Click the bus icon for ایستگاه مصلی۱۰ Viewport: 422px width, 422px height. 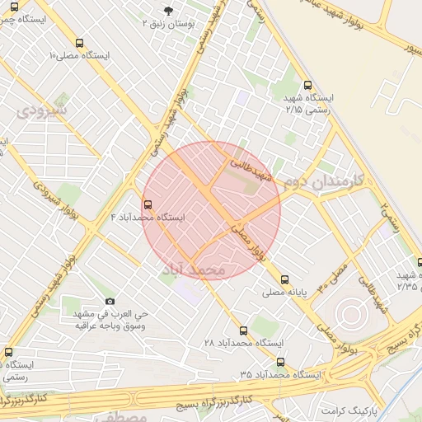pyautogui.click(x=78, y=43)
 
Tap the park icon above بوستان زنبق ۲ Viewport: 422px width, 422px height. pyautogui.click(x=169, y=10)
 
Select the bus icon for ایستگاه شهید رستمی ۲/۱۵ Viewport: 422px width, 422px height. pyautogui.click(x=307, y=85)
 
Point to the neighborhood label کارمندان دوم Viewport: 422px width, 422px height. pyautogui.click(x=318, y=182)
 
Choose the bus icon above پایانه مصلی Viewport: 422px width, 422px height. pyautogui.click(x=285, y=279)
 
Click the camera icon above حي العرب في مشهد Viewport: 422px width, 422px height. pyautogui.click(x=110, y=302)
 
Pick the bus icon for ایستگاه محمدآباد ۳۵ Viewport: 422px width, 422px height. pyautogui.click(x=281, y=362)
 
